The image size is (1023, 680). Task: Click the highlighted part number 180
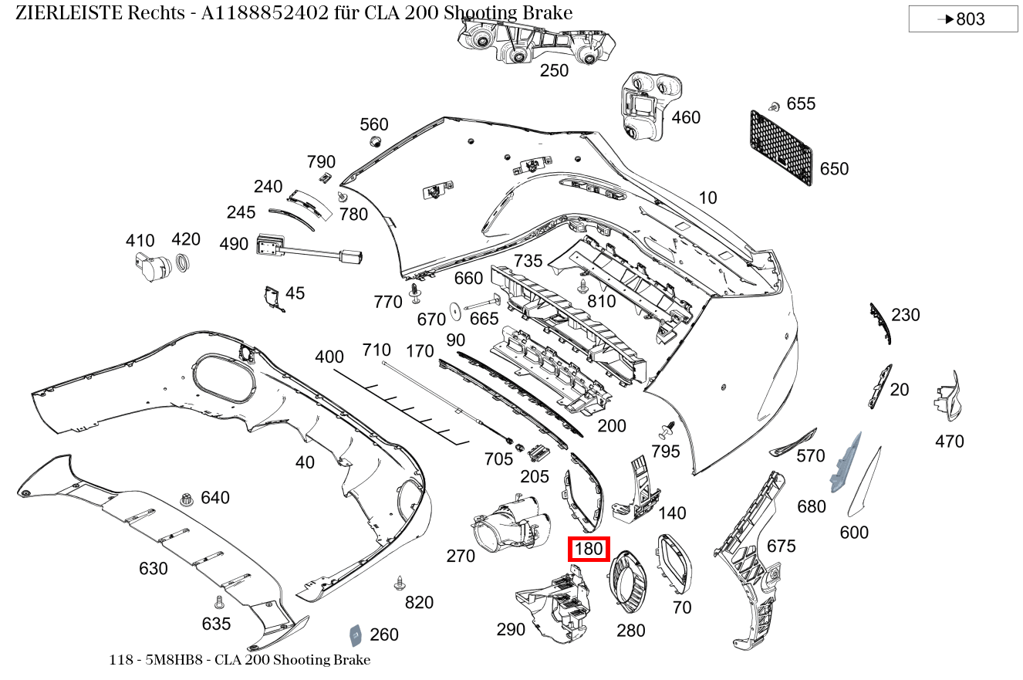[589, 550]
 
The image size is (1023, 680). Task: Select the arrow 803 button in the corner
[963, 19]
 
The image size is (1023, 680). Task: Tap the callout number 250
[554, 71]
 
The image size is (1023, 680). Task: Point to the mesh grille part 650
[780, 148]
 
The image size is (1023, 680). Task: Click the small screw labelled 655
[773, 106]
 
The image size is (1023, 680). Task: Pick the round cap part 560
[375, 142]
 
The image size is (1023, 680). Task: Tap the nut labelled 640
[185, 499]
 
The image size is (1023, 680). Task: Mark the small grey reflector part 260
[356, 634]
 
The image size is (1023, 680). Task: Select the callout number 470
[949, 441]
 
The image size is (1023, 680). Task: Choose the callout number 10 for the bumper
[707, 198]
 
